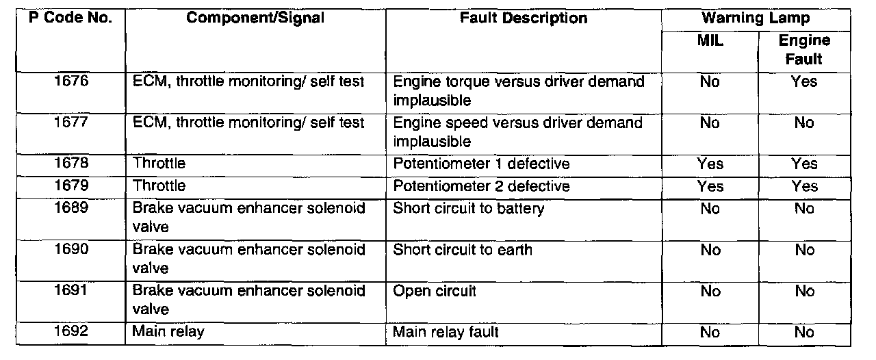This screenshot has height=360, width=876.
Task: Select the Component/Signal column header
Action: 255,18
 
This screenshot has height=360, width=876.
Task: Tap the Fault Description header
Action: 524,18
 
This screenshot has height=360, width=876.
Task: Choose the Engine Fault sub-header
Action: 804,50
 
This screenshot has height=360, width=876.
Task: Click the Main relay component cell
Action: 168,332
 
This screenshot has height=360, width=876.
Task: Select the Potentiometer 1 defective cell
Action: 481,164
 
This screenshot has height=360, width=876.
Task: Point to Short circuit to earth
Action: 462,250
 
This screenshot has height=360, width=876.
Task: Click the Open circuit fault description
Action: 435,291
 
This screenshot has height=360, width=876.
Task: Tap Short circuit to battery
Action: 468,208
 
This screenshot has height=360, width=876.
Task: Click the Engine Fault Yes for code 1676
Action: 803,83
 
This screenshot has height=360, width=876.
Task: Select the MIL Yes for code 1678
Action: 710,164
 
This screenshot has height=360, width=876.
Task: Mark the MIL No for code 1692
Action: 710,333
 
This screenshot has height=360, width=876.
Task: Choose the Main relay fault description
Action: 446,332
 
